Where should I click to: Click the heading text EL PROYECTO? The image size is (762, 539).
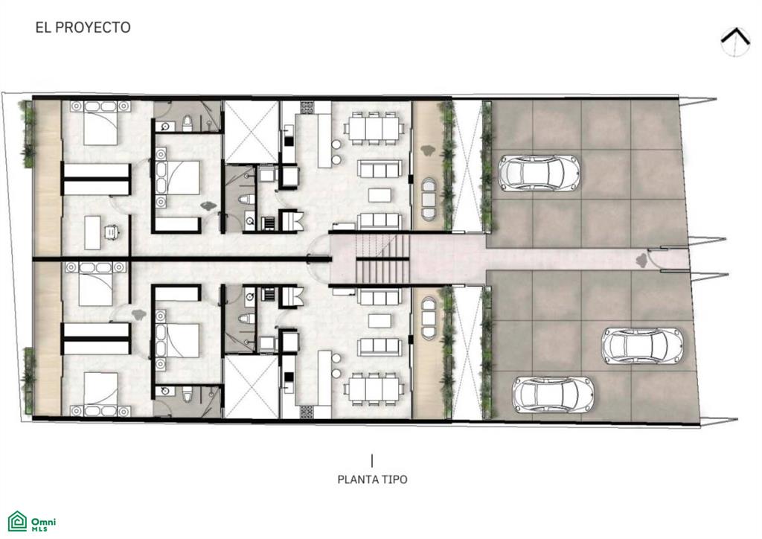pos(83,28)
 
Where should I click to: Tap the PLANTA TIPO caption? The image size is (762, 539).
pos(372,479)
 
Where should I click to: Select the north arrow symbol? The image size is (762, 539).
pos(735,41)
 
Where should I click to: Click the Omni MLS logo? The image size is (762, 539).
pos(32,521)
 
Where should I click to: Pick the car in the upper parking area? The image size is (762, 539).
pos(540,173)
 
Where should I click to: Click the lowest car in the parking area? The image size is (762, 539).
pos(553,394)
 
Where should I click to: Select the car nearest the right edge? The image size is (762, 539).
pos(642,345)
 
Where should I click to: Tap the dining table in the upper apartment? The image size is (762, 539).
pos(374,128)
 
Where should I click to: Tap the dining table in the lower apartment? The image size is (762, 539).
pos(374,389)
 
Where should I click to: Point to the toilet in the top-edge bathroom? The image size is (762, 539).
pos(188,124)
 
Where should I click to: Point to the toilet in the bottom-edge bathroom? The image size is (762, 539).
pos(188,394)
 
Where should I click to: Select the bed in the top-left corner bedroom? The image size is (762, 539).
pos(100,123)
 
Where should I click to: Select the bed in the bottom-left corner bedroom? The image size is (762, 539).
pos(100,394)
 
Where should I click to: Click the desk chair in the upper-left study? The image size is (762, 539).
pos(112,232)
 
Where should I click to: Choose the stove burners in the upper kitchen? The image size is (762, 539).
pos(307,107)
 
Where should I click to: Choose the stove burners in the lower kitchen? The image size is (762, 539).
pos(307,412)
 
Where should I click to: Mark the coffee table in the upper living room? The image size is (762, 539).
pos(380,195)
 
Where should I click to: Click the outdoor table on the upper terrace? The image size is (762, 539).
pos(428,200)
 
